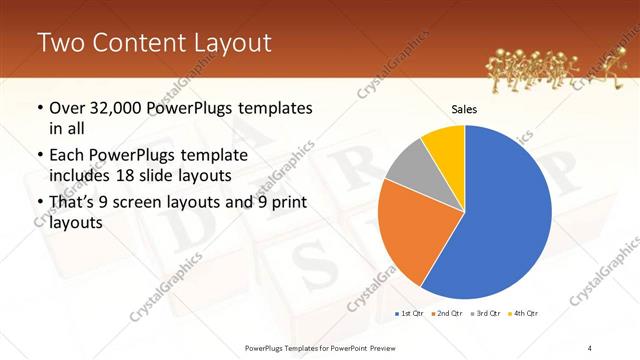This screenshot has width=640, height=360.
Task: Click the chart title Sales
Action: point(465,109)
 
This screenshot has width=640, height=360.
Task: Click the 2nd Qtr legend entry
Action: point(446,314)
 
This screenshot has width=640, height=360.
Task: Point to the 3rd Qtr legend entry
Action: point(486,314)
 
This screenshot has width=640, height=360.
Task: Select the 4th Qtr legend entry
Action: point(524,314)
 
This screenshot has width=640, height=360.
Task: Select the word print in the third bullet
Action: point(281,203)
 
